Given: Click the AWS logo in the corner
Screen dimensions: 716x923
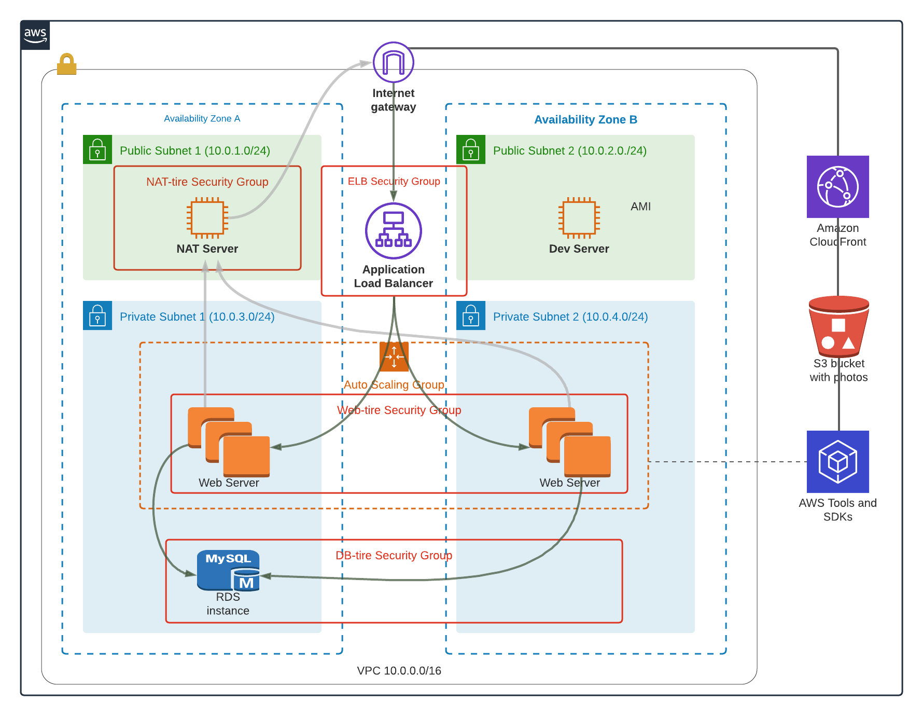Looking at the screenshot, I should (35, 35).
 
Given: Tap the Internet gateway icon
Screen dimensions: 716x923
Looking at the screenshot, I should (394, 62).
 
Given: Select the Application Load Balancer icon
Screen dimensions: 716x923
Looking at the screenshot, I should (394, 231).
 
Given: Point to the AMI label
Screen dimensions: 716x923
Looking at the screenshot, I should (640, 206).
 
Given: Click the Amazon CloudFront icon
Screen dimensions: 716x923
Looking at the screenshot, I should (837, 187).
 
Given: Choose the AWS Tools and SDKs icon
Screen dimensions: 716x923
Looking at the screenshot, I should (837, 462).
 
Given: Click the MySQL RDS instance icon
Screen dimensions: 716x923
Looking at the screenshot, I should (228, 570).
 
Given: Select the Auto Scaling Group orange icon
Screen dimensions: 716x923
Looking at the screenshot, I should (394, 357).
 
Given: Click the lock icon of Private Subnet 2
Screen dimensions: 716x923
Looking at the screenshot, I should (471, 315).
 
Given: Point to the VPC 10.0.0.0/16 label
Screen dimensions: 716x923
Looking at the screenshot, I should (399, 670).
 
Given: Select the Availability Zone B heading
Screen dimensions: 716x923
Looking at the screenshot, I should (585, 120).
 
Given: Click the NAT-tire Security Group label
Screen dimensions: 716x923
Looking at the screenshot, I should (207, 182).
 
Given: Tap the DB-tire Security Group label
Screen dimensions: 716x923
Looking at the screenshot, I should (394, 555).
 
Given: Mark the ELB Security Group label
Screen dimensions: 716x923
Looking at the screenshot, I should (394, 181).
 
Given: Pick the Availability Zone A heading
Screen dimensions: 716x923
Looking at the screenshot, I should (202, 119).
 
